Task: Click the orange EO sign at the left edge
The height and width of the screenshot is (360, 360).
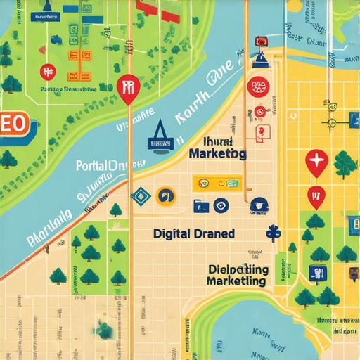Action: click(14, 124)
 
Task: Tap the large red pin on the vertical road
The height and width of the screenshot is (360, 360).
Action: click(127, 89)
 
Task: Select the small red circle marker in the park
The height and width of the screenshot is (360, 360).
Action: click(48, 71)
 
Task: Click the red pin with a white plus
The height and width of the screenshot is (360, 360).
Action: click(316, 162)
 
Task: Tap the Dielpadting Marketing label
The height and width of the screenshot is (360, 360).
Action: click(237, 275)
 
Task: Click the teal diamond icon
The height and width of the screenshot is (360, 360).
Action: click(139, 195)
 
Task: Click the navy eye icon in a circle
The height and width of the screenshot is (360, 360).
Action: click(221, 205)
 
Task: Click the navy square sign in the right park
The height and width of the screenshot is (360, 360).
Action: click(318, 273)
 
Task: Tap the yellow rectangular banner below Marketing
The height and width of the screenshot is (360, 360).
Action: click(217, 184)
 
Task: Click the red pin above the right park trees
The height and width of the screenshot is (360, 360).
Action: click(316, 195)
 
